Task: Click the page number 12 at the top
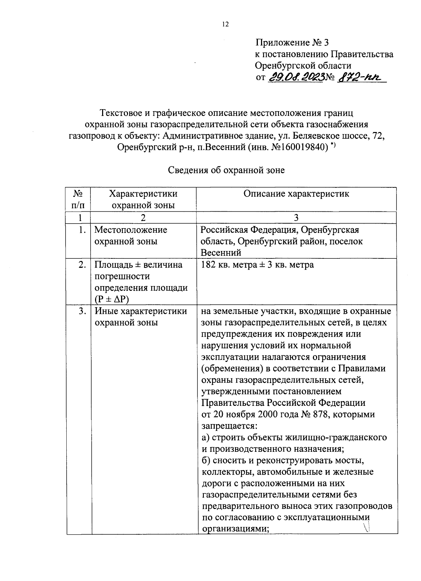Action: coord(225,24)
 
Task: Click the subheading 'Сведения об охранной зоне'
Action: coord(227,170)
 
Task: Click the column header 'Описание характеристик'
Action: coord(296,194)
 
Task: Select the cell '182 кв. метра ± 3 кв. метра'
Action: coord(257,265)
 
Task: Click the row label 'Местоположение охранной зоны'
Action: coord(131,236)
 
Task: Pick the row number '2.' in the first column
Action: coord(82,265)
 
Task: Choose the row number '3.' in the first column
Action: coord(82,311)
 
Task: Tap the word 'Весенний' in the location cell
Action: coord(221,253)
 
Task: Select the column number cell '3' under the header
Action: coord(296,218)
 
